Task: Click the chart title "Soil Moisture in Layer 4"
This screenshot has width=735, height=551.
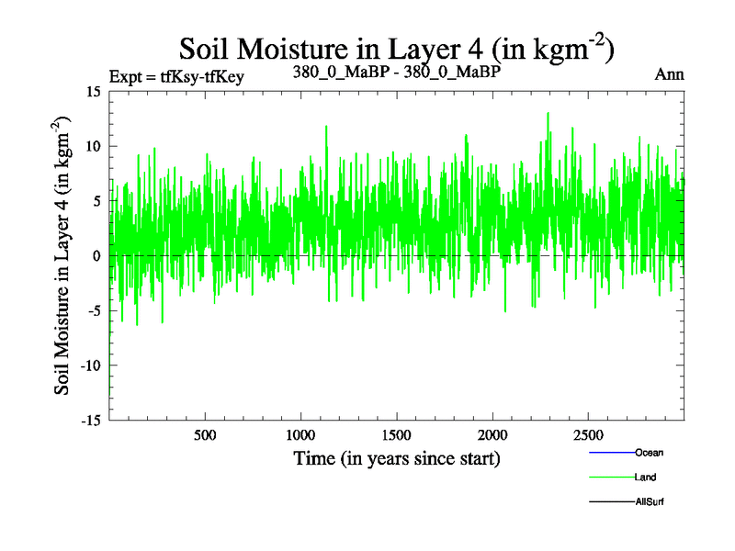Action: click(x=395, y=48)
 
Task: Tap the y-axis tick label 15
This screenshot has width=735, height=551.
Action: click(x=93, y=91)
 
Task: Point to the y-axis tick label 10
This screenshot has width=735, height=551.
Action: click(x=93, y=146)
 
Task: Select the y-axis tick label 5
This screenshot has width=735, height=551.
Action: click(x=96, y=201)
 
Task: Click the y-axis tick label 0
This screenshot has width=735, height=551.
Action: click(x=96, y=255)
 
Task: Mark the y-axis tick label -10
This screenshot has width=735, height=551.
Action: click(x=90, y=365)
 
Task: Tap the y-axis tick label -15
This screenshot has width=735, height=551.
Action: click(x=90, y=420)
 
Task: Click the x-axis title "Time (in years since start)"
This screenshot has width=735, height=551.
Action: click(x=397, y=457)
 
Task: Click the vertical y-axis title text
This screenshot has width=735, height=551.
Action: click(x=63, y=255)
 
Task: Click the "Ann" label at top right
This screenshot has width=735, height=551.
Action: click(x=669, y=75)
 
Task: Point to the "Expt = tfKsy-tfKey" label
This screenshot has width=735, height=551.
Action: click(x=175, y=77)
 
